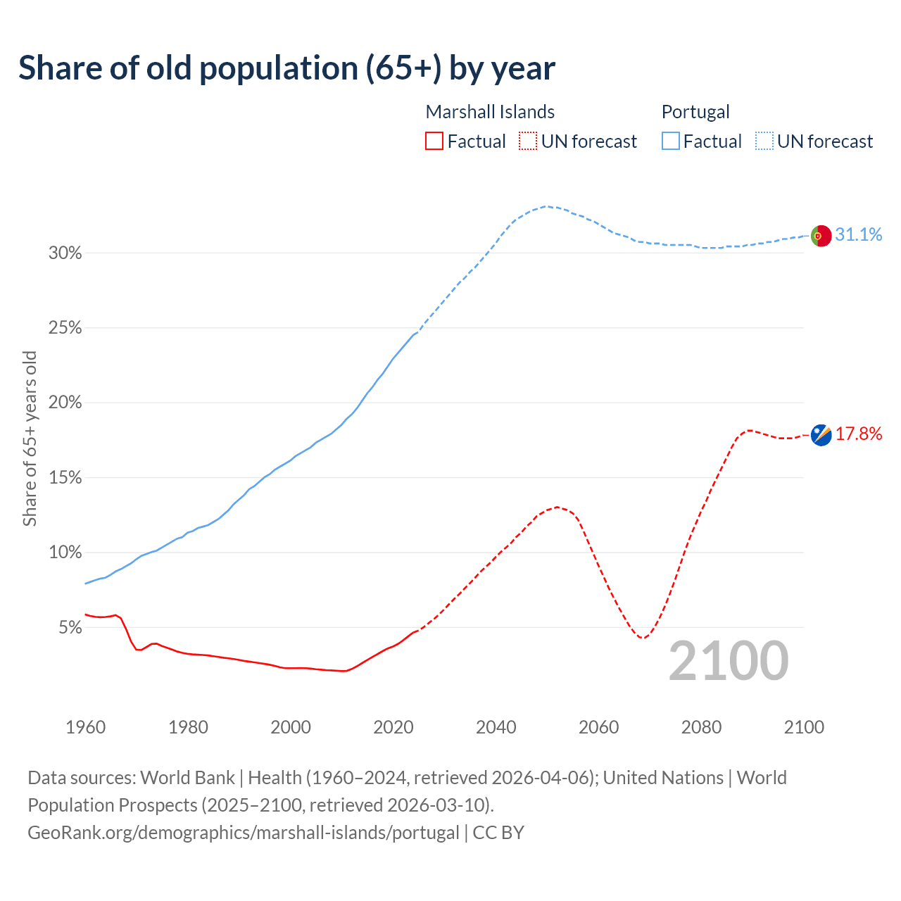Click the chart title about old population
(x=286, y=68)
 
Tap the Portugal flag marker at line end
(x=821, y=235)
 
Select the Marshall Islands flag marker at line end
(x=821, y=435)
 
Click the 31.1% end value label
(x=859, y=235)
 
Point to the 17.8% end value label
(x=859, y=434)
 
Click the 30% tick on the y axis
(x=65, y=253)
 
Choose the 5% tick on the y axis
(x=70, y=627)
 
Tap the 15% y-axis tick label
(x=65, y=478)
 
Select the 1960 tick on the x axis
(x=85, y=727)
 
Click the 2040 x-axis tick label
(x=496, y=727)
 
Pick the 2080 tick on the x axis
(x=701, y=727)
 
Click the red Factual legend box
(x=434, y=141)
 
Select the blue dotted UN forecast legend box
(x=764, y=141)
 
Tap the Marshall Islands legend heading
(x=490, y=112)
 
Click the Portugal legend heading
(x=695, y=112)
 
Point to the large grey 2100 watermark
(x=728, y=661)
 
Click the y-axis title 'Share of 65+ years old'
(x=30, y=439)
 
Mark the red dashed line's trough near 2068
(x=641, y=638)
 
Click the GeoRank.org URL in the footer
(x=243, y=833)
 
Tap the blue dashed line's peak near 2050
(x=546, y=206)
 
